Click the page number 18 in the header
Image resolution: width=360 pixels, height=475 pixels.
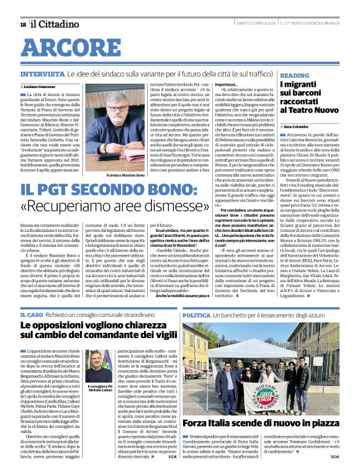[x=23, y=24]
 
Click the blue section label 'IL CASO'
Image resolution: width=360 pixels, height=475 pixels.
[x=32, y=316]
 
